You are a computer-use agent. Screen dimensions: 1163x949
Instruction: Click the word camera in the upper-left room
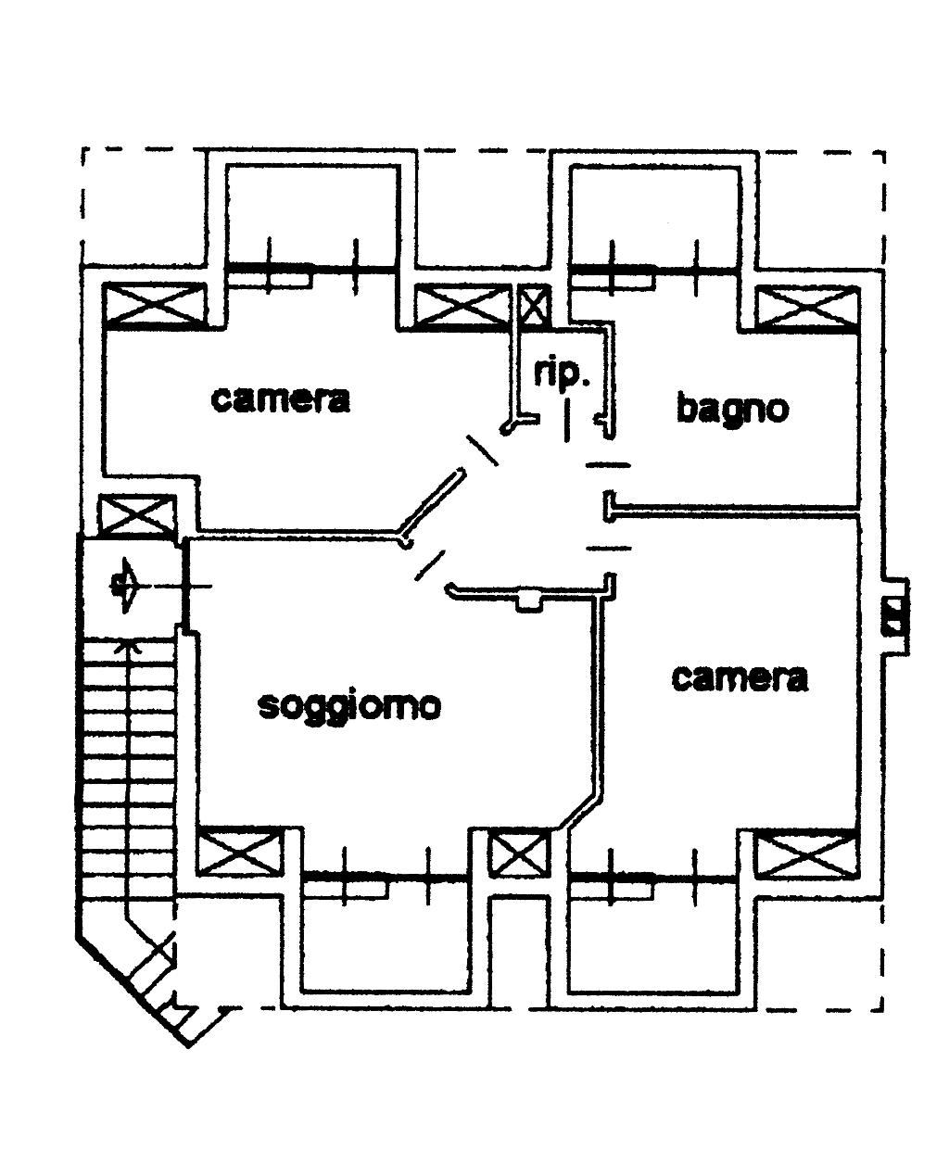[281, 399]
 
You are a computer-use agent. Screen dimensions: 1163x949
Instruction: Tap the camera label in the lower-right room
[739, 677]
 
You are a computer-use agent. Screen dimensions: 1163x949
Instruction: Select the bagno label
[731, 408]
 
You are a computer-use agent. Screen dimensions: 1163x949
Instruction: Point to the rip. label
[561, 373]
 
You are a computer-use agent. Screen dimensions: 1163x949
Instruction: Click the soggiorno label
[348, 706]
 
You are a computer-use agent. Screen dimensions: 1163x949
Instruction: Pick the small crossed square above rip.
[533, 306]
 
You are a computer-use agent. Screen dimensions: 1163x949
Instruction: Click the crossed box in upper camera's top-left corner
[152, 306]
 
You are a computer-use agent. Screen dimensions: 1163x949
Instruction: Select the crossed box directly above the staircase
[136, 515]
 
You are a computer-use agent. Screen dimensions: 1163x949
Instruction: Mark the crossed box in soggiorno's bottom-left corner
[238, 853]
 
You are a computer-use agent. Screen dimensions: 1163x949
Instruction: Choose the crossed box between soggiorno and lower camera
[519, 853]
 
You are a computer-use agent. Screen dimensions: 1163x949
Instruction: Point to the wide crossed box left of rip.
[462, 307]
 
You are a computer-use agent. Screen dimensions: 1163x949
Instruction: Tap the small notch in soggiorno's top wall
[528, 601]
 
